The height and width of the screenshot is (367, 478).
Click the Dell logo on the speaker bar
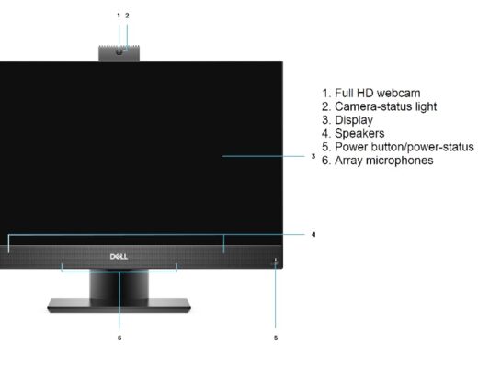pos(119,256)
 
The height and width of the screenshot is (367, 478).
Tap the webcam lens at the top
pos(119,52)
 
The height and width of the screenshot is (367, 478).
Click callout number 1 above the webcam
pos(119,16)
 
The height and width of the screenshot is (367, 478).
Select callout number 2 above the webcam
pos(127,16)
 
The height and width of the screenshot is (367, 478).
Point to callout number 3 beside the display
pos(313,156)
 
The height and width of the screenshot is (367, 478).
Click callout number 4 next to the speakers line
pos(313,234)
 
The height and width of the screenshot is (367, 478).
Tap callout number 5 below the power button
pos(276,338)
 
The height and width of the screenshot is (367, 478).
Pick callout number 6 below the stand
pos(119,338)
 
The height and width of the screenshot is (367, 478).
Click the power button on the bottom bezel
pos(275,262)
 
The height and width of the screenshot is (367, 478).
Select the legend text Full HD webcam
pos(377,93)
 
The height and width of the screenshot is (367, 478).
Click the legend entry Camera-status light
pos(385,106)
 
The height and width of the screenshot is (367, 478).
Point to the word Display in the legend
pos(354,120)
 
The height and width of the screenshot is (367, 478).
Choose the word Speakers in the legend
pos(359,134)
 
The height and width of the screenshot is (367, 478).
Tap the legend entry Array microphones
pos(383,161)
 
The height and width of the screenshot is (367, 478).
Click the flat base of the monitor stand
pos(119,306)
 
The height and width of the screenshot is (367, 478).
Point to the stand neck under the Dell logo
pos(119,284)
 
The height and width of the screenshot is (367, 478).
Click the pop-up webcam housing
pos(119,53)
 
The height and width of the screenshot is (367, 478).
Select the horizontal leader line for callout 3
pos(264,156)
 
